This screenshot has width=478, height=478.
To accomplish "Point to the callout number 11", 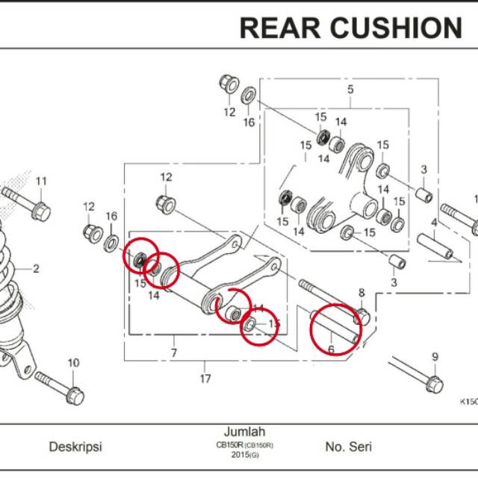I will point(41,181).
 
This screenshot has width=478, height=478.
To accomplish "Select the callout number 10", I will point(73,363).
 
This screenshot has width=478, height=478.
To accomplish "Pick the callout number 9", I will point(435,356).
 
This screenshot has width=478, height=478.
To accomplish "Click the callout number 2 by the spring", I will point(35,269).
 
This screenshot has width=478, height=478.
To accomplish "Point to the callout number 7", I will point(173,351).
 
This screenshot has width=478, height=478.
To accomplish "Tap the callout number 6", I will point(331,349).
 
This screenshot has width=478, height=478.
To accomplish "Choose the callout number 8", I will point(361,292).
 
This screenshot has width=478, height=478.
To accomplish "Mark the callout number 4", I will point(433,222).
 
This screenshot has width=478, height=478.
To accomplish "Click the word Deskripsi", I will point(75,447).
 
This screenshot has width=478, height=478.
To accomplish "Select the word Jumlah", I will point(244,432).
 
